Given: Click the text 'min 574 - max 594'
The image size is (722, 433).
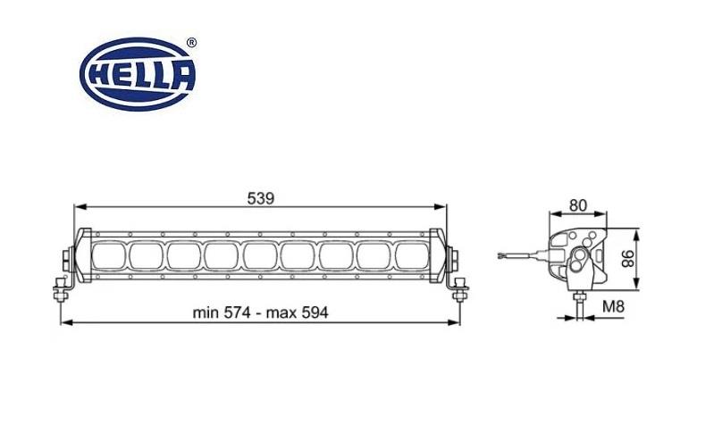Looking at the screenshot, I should tap(261, 312).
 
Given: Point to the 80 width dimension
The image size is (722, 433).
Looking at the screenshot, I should tap(577, 204).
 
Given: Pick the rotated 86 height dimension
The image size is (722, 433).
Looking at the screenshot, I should tap(628, 259).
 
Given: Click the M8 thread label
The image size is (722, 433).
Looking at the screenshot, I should tap(612, 307).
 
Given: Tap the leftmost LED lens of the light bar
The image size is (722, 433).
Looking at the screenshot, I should tap(106, 256).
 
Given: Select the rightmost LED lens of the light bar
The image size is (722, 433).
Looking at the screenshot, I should tap(414, 256).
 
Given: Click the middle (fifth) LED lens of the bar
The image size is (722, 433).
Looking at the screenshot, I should tap(260, 256).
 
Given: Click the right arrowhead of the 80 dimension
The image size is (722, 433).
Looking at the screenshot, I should tap(603, 214).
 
